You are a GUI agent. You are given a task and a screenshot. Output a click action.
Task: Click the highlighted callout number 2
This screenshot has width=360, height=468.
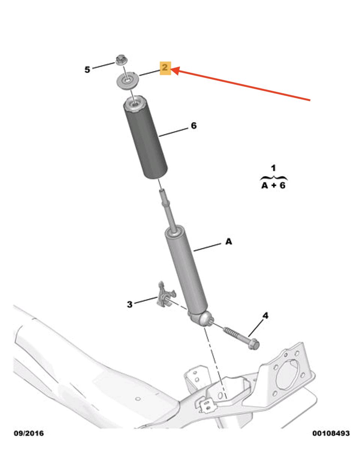point(165,68)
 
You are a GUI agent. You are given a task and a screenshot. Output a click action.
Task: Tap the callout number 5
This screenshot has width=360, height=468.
point(87,69)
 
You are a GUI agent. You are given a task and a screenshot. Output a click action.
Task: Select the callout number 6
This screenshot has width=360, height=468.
point(193,126)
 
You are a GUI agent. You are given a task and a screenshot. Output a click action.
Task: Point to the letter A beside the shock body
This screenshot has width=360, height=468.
point(228,242)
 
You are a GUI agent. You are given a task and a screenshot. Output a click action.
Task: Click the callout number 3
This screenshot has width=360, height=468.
point(130,304)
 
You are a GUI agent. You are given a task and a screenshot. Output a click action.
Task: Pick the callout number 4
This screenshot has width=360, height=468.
point(265,316)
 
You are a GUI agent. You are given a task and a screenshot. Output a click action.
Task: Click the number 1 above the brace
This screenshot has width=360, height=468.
point(273,168)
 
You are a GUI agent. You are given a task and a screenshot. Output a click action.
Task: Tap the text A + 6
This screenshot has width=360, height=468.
point(273,185)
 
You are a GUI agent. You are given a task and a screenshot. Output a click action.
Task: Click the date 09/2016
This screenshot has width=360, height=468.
point(29,433)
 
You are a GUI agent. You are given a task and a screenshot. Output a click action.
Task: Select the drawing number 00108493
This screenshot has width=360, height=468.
point(331,433)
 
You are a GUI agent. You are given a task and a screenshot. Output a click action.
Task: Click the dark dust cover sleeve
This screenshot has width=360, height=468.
point(145,139)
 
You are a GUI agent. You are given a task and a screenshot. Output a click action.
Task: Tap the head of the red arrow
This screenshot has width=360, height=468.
point(173,69)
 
